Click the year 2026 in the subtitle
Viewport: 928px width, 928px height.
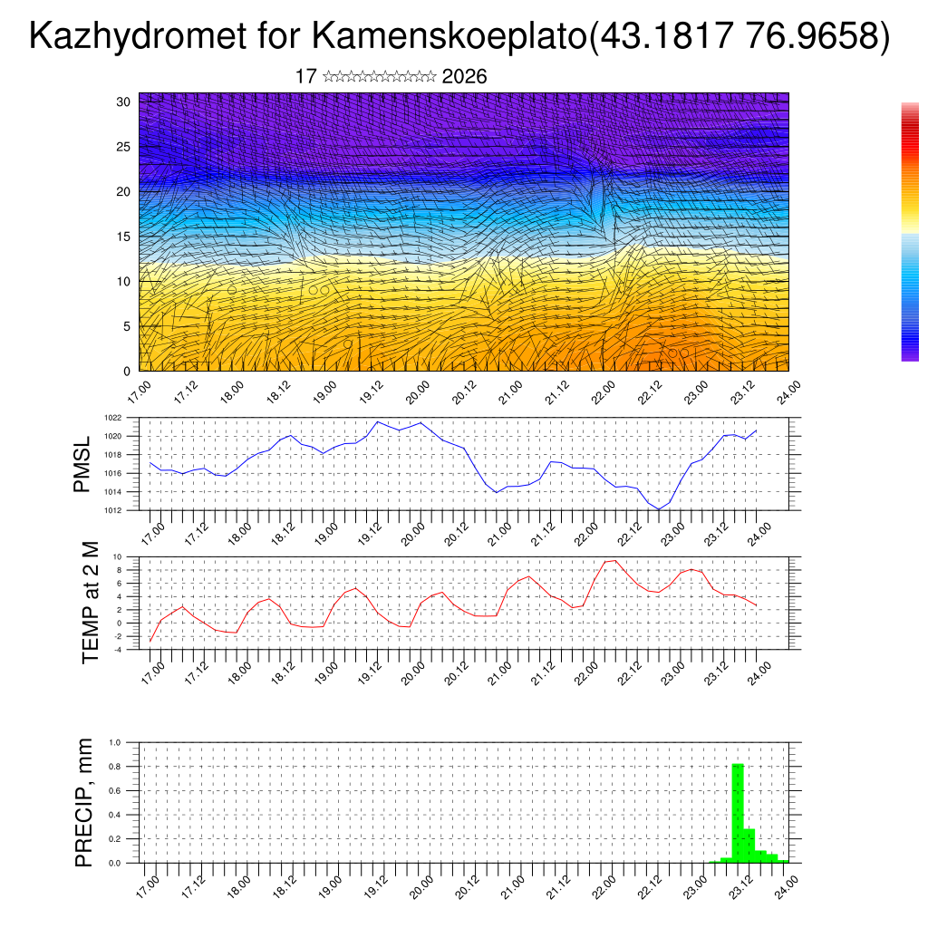point(464,77)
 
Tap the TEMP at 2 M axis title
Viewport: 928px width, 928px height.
point(91,602)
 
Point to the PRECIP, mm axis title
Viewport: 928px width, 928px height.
point(85,802)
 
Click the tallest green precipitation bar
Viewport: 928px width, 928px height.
point(738,813)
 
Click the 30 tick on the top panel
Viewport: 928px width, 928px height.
point(124,101)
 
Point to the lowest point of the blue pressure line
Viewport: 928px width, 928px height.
point(659,509)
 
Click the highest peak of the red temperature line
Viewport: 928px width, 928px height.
point(615,560)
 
